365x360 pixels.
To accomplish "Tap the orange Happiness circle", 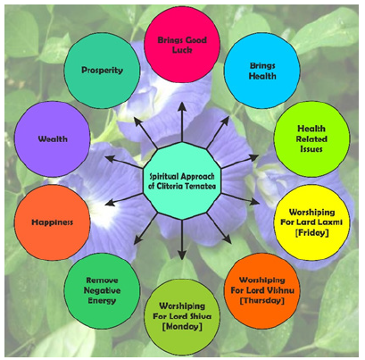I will click(x=50, y=219).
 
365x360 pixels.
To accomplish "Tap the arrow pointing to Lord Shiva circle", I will click(x=182, y=246).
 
